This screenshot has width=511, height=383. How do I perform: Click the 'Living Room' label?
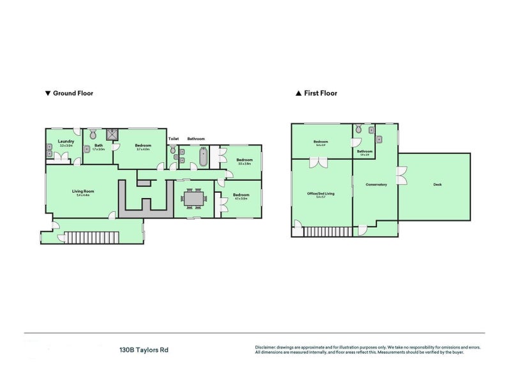click(83, 191)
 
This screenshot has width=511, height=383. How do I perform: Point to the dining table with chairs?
click(192, 199)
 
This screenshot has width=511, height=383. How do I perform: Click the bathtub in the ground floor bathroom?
click(204, 156)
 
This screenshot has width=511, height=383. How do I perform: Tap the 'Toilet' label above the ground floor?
click(173, 139)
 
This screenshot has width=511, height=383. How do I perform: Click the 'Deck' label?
click(438, 185)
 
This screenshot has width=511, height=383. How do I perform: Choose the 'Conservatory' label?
click(376, 185)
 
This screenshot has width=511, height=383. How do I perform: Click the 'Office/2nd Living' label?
click(321, 192)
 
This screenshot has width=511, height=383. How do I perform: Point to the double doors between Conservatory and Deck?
click(401, 176)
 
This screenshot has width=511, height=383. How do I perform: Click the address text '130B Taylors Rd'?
click(144, 350)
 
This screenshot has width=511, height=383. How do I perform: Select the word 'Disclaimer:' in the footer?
click(269, 347)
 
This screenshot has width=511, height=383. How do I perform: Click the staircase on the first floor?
click(326, 232)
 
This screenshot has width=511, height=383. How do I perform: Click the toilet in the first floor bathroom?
click(358, 130)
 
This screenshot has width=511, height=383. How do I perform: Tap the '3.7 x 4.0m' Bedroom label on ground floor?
click(142, 149)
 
